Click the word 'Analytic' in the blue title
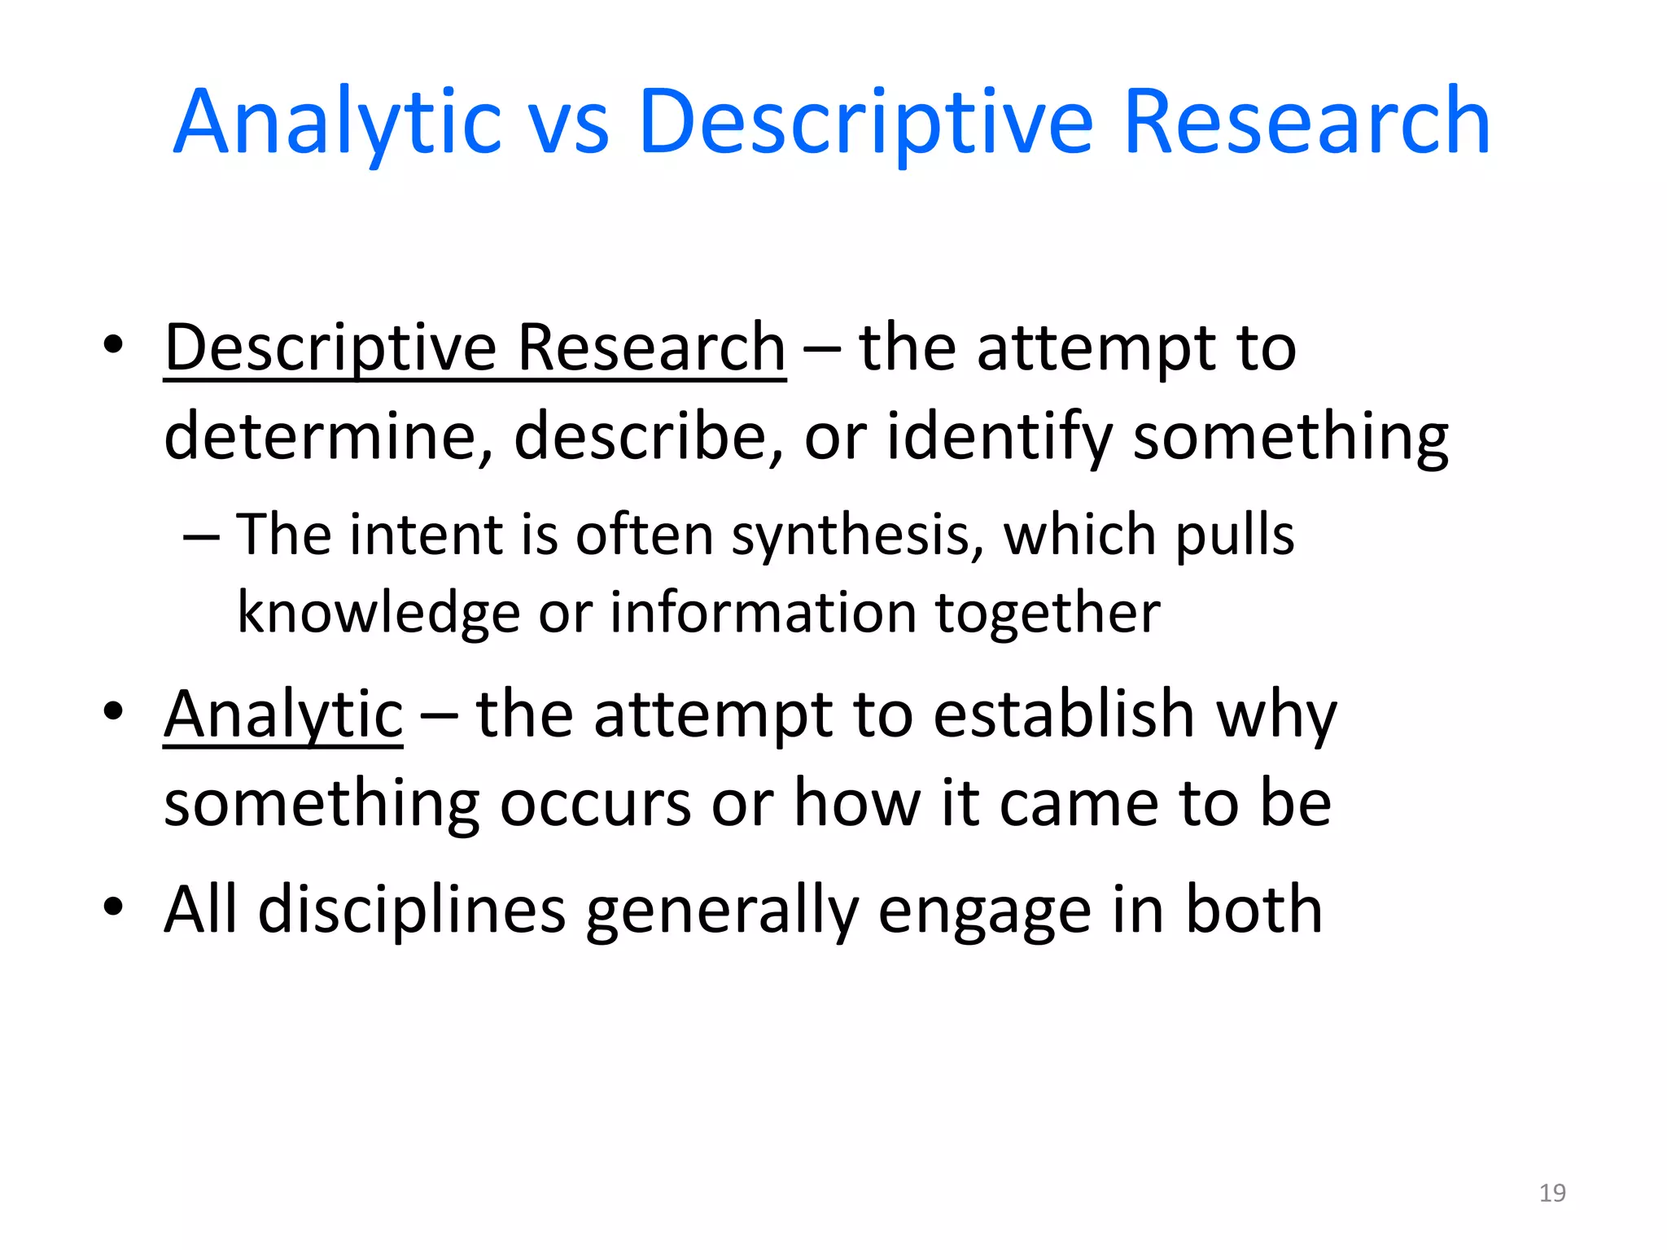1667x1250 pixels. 336,124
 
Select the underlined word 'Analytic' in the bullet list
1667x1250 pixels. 283,715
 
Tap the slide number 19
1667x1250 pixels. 1552,1193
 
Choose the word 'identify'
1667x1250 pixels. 1000,437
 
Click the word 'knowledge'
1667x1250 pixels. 378,612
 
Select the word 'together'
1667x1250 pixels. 1048,612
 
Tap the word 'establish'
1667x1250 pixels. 1064,715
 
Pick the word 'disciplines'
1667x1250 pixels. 412,910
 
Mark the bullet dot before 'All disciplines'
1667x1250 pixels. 113,906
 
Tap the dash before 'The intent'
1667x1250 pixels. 201,538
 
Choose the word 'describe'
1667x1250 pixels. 641,437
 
